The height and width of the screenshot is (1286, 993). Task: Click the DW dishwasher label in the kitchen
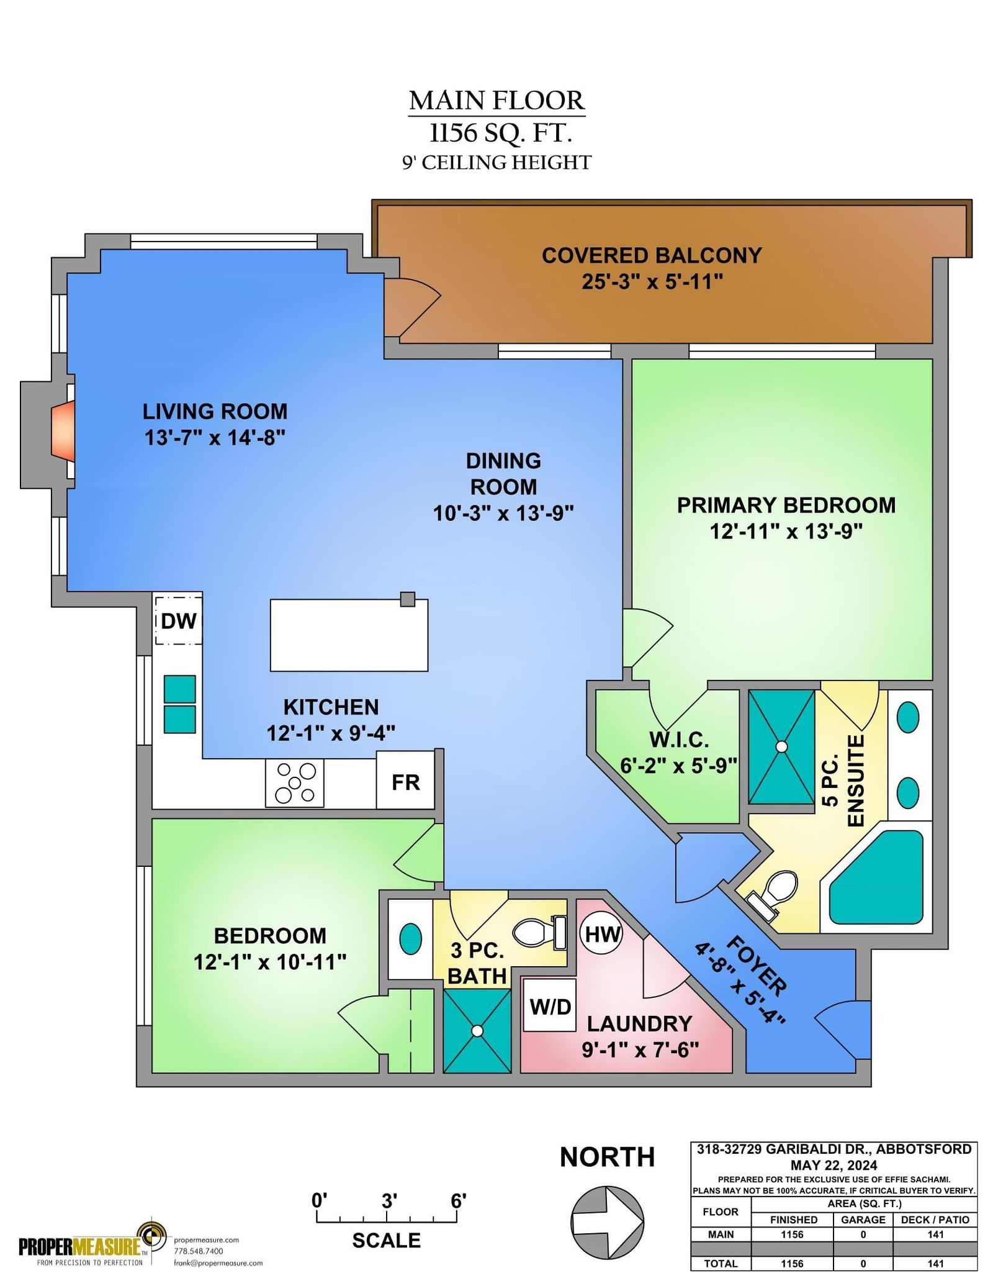tap(179, 620)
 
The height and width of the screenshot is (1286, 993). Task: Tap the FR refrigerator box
tap(405, 780)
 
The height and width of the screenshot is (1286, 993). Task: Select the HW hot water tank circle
tap(602, 933)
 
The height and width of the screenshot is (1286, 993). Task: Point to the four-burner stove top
tap(295, 783)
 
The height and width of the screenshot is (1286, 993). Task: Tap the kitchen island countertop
tap(349, 635)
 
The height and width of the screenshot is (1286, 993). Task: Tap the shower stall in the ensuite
tap(781, 746)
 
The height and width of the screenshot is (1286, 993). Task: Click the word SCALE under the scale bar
tap(386, 1240)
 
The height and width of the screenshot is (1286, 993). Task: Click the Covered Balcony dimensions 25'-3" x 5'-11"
tap(652, 281)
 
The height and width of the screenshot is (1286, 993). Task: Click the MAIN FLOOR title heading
tap(496, 100)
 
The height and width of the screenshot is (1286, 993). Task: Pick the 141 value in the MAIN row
tap(935, 1234)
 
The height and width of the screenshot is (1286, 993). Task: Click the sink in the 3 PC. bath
tap(410, 938)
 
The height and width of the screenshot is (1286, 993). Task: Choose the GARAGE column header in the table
tap(863, 1220)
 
